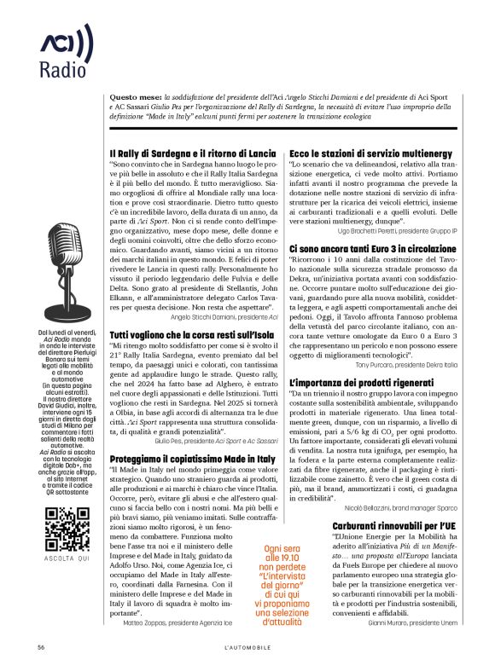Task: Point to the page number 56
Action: click(41, 648)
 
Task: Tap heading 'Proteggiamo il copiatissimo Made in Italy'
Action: click(194, 459)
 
